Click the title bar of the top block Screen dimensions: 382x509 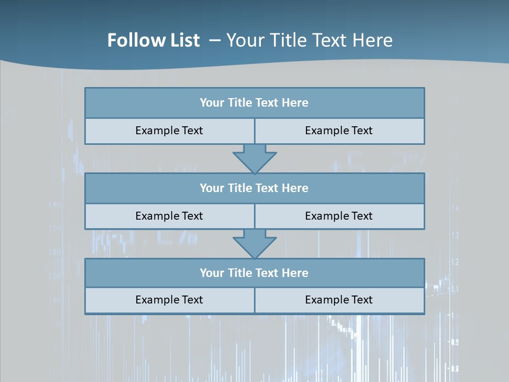click(254, 103)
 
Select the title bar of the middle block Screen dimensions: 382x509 click(254, 188)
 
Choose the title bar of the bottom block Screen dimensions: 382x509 click(254, 273)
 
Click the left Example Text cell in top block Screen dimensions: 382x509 click(170, 131)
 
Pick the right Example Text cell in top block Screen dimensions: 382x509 click(339, 131)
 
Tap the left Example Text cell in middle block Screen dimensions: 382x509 click(170, 216)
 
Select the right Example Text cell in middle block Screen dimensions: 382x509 click(339, 216)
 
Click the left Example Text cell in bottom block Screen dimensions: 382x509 click(170, 300)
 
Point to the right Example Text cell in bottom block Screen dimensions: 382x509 click(339, 300)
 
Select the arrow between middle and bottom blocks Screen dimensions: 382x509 click(254, 244)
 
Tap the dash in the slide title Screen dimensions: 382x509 click(215, 40)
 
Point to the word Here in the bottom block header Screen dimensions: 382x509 click(295, 273)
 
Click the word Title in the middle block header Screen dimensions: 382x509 click(239, 188)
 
